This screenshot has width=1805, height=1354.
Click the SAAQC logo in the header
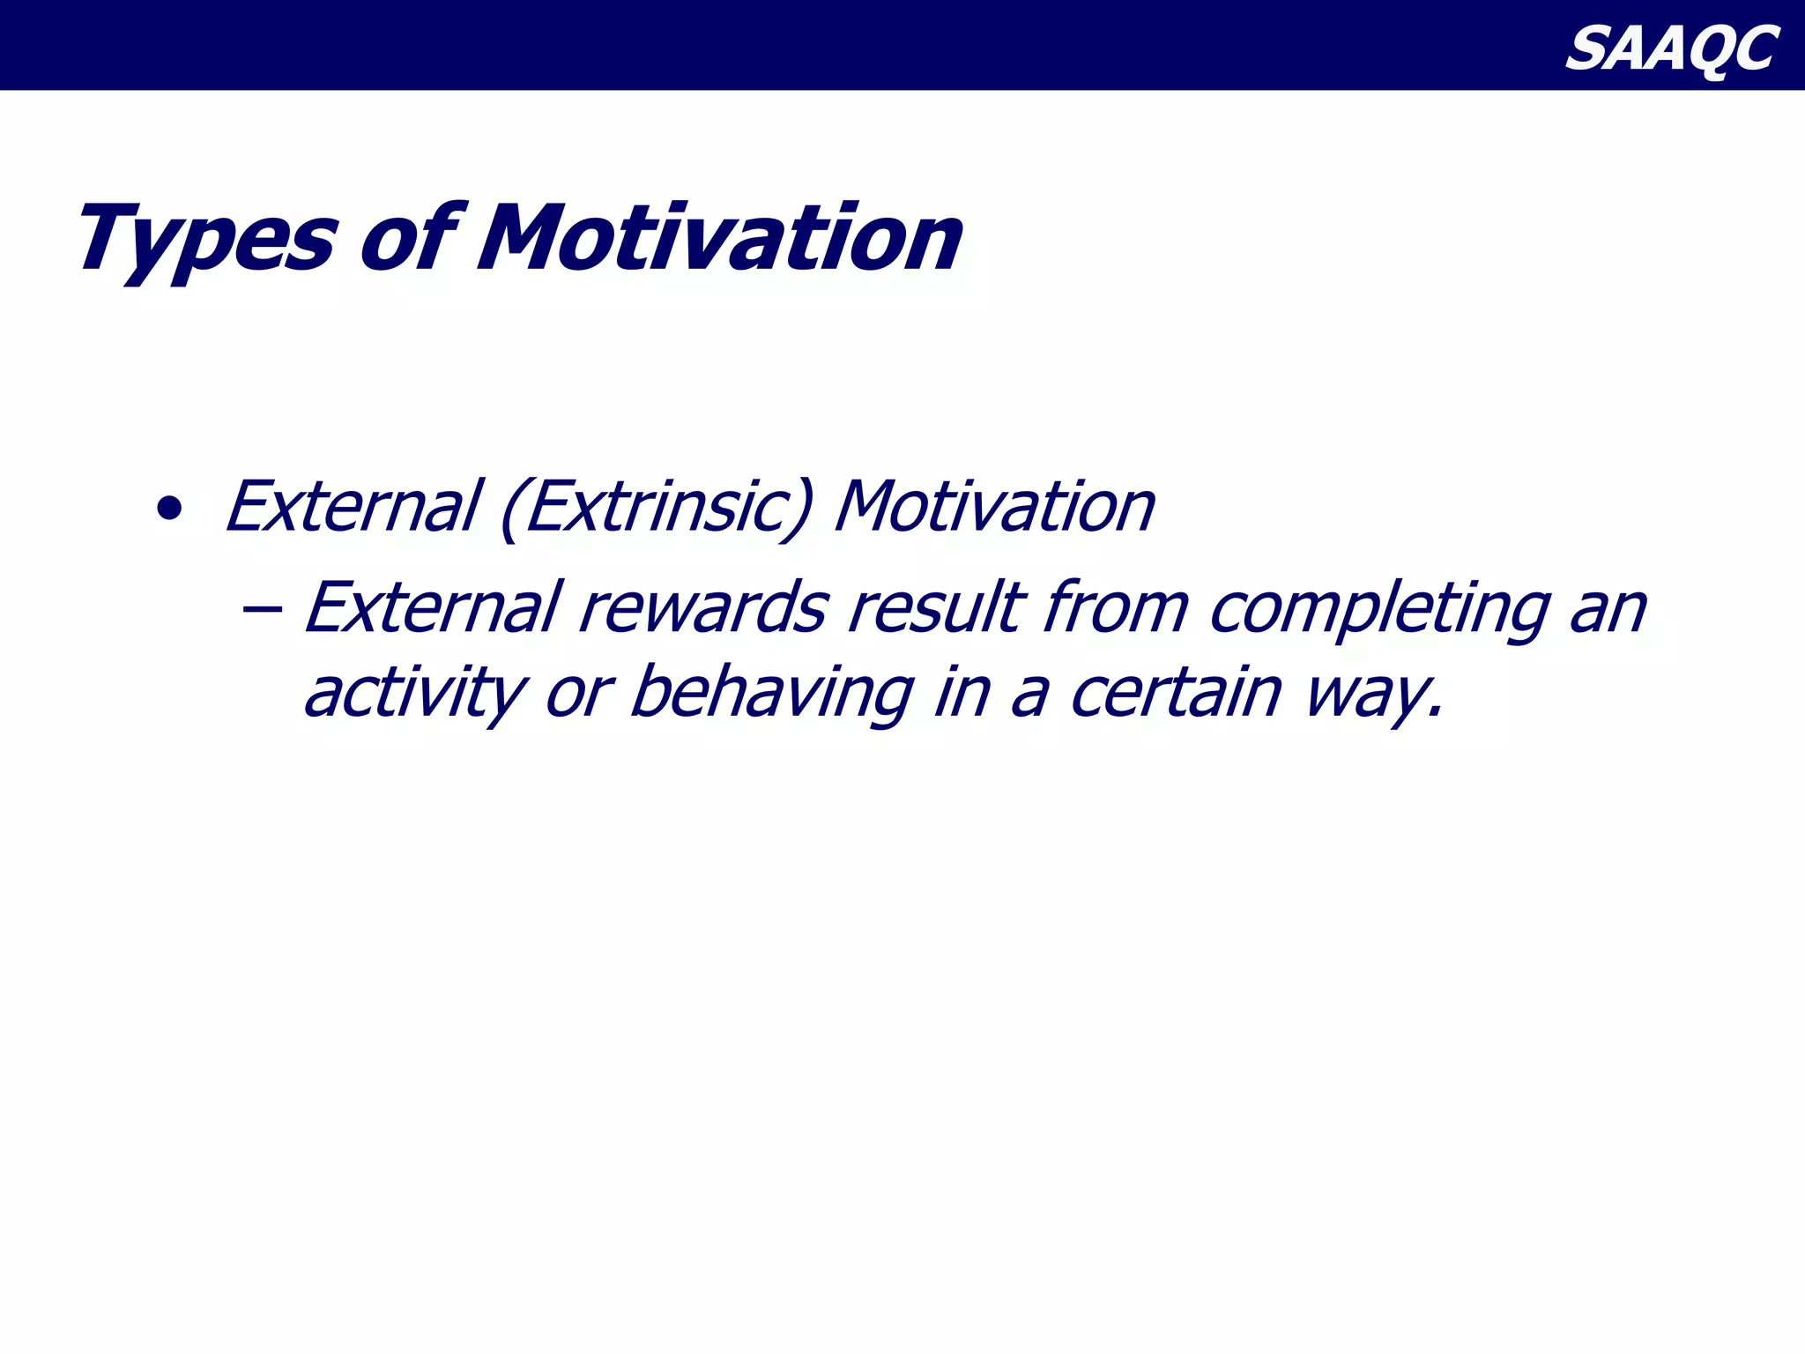coord(1671,48)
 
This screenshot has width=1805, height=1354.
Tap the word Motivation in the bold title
coord(719,238)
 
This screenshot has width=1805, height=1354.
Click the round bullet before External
coord(168,510)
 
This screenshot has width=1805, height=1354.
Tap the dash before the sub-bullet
coord(262,608)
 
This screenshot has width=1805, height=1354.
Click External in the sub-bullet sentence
coord(433,607)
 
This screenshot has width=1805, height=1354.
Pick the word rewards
coord(703,608)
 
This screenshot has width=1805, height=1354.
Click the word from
coord(1115,607)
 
